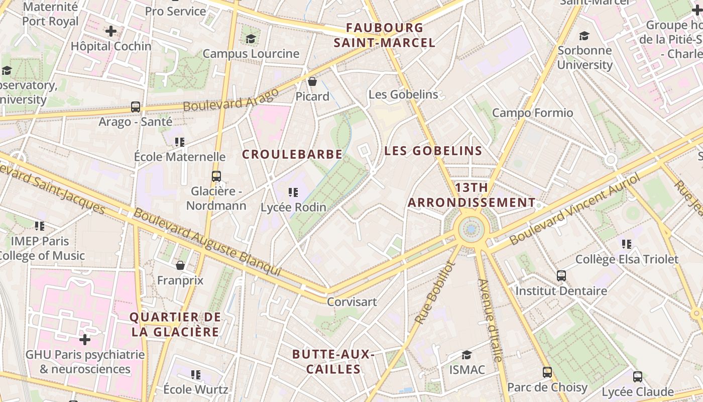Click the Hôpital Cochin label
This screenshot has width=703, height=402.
click(111, 46)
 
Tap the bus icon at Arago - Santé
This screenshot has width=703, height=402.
click(136, 107)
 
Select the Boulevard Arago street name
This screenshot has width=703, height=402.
click(230, 100)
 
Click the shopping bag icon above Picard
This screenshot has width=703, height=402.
click(312, 81)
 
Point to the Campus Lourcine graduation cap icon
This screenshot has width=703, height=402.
click(251, 39)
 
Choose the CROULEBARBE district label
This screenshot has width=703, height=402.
click(292, 154)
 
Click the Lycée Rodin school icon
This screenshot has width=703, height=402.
click(293, 192)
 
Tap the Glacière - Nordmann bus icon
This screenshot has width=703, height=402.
click(216, 176)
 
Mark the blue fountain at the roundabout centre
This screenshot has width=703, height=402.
click(471, 230)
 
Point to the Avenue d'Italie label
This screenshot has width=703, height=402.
click(490, 320)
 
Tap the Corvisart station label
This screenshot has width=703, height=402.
click(351, 302)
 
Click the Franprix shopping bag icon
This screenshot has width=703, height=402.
click(180, 265)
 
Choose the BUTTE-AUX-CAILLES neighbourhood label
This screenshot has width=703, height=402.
click(333, 362)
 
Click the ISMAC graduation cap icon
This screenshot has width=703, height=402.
click(467, 355)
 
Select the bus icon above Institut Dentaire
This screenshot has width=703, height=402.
click(561, 276)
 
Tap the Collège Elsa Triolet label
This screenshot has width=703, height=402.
click(627, 260)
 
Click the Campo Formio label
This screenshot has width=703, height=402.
click(532, 113)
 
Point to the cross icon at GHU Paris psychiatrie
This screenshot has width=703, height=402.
click(85, 340)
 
